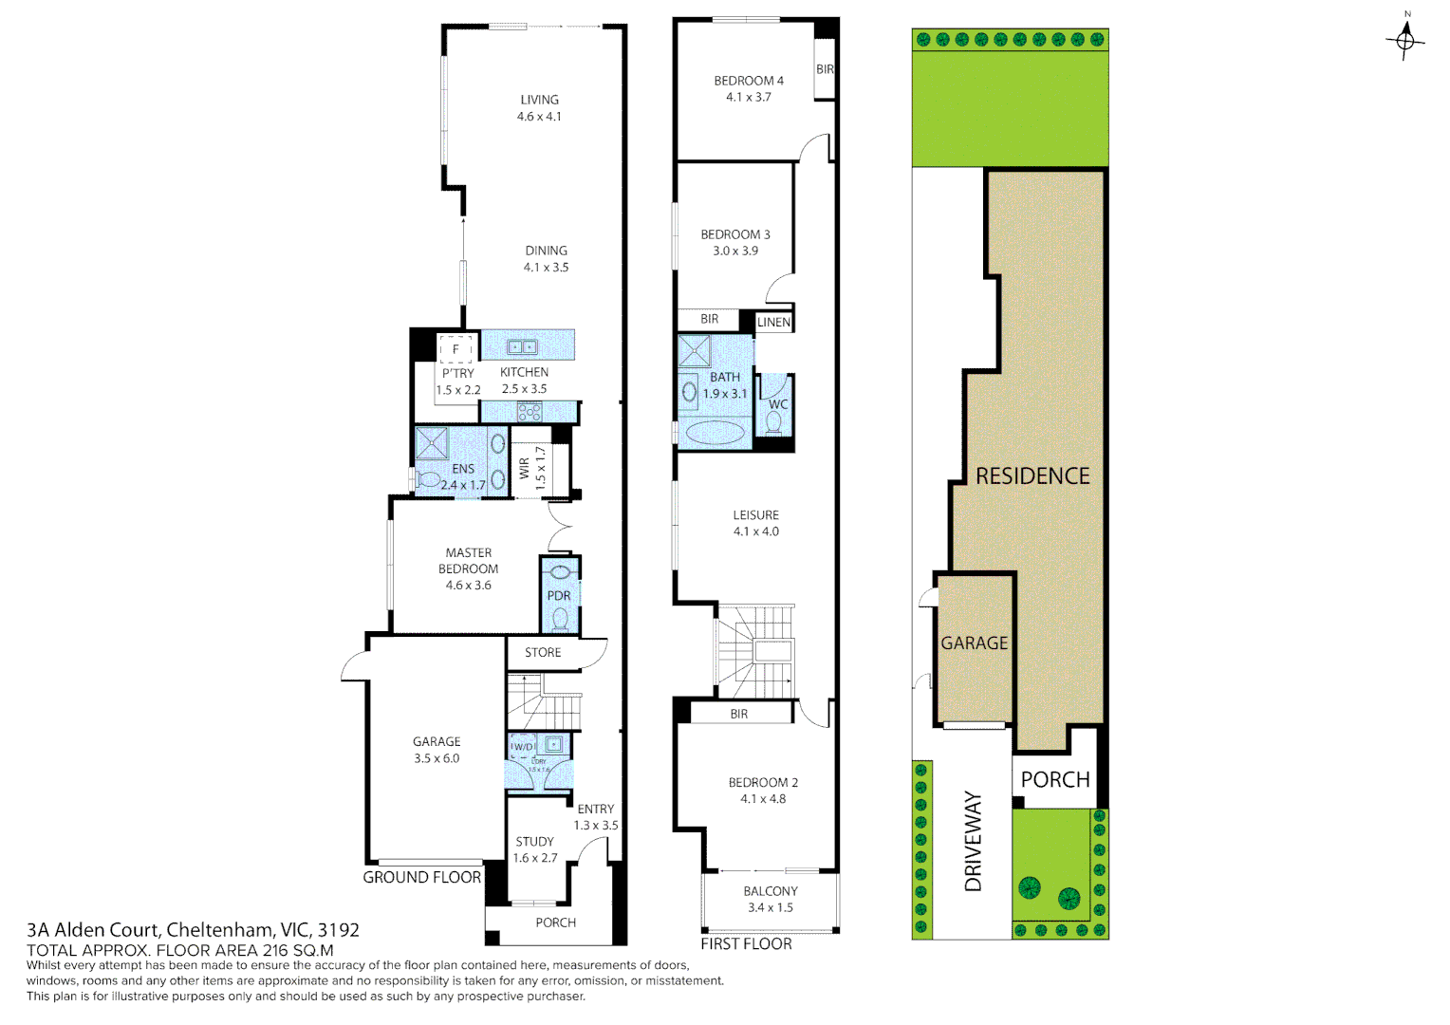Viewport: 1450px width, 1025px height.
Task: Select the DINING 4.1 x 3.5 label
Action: coord(546,259)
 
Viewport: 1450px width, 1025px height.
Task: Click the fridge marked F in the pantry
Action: coord(455,349)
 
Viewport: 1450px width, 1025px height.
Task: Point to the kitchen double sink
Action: coord(522,347)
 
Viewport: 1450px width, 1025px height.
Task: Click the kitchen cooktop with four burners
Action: coord(529,412)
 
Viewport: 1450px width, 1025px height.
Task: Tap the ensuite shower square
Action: coord(432,443)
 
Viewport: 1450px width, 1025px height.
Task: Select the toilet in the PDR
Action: coord(560,619)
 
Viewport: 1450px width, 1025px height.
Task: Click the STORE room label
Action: coord(543,653)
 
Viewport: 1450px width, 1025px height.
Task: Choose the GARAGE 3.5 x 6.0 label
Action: coord(437,750)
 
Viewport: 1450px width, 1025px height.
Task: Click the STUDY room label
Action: coord(535,842)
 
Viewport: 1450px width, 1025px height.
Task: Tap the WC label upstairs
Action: coord(778,404)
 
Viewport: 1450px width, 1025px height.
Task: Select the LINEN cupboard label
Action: coord(773,323)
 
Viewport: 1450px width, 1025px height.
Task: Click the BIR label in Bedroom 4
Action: coord(825,69)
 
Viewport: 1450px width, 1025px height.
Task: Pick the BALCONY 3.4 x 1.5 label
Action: coord(771,899)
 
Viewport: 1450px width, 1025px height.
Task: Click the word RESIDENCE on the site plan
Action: coord(1032,476)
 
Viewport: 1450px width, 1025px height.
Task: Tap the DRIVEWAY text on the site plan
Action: coord(974,841)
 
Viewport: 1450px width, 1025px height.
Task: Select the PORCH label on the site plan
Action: coord(1055,780)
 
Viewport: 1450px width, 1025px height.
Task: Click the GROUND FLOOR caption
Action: coord(421,878)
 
